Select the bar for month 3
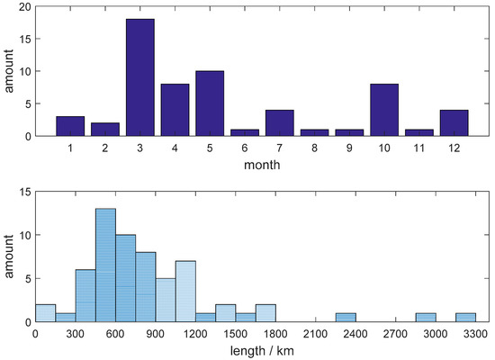point(139,77)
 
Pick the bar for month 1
point(70,126)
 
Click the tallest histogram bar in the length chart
point(104,265)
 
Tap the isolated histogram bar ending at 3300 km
point(466,318)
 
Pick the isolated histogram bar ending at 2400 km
point(346,318)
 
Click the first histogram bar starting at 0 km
point(44,313)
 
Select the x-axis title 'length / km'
point(261,350)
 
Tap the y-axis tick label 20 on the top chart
point(22,7)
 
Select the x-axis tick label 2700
point(396,335)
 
